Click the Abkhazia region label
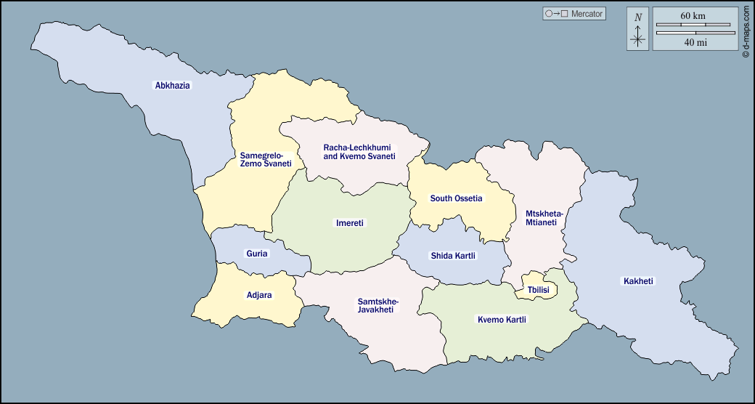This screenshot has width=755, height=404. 173,85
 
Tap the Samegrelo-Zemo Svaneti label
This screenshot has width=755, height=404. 266,159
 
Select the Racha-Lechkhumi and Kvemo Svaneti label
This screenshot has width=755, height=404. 359,152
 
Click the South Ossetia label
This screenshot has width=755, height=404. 456,198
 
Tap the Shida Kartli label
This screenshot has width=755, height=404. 453,256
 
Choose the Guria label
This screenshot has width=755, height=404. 257,254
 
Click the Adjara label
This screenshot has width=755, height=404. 259,296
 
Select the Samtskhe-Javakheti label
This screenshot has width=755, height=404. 378,305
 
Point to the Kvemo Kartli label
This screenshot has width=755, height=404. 502,320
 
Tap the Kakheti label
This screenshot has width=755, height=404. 638,281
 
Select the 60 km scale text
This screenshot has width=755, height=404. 693,16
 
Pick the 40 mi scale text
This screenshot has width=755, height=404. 695,42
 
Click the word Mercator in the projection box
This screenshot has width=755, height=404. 587,14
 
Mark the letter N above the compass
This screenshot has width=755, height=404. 638,17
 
